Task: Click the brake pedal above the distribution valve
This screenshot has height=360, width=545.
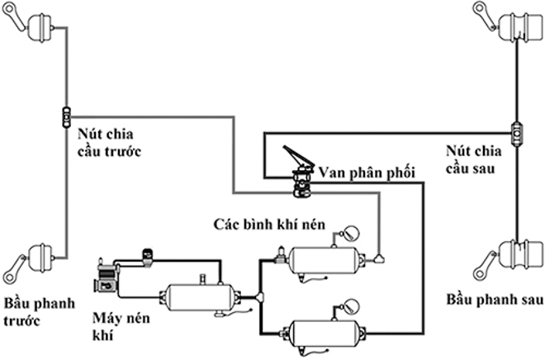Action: tap(293, 156)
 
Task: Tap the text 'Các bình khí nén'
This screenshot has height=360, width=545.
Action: tap(269, 224)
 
